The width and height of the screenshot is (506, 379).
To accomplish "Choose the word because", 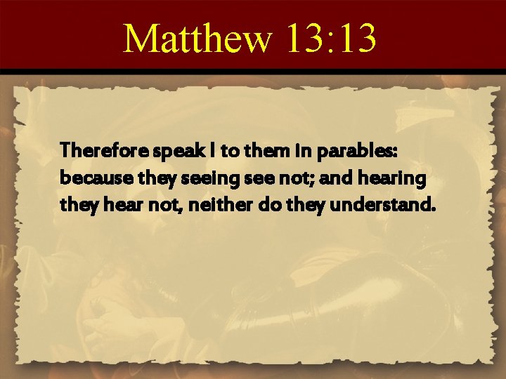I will tap(88, 179).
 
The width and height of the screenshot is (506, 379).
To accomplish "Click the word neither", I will tap(214, 207).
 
